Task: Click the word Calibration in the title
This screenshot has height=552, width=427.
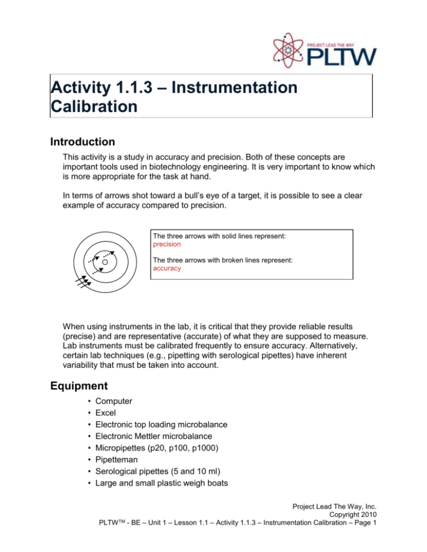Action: coord(93,106)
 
